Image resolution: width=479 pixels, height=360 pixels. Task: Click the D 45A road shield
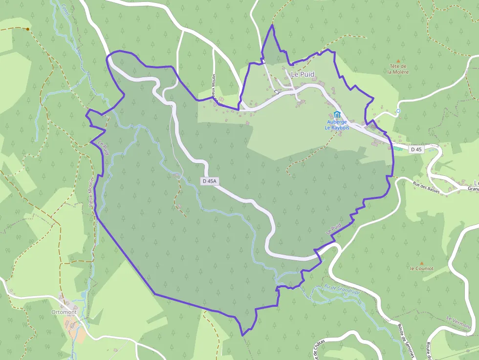coord(209,181)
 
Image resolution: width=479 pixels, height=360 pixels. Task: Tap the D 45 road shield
coord(416,149)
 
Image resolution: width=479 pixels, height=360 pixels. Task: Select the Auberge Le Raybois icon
coord(337,114)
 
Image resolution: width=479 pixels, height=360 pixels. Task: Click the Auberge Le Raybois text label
coord(336,124)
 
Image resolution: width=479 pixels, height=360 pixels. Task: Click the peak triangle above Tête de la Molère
coord(398,61)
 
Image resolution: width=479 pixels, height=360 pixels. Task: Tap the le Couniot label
coord(421,268)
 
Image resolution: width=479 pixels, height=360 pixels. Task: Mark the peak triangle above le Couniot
coord(421,263)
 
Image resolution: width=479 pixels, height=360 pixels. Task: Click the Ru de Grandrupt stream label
coord(342,288)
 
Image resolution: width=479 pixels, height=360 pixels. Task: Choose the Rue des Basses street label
coord(426,188)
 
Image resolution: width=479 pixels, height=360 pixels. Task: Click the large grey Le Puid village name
coord(303,74)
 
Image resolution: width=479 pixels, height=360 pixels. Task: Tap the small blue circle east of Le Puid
coord(398,111)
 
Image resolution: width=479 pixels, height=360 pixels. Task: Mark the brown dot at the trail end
coord(28,29)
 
